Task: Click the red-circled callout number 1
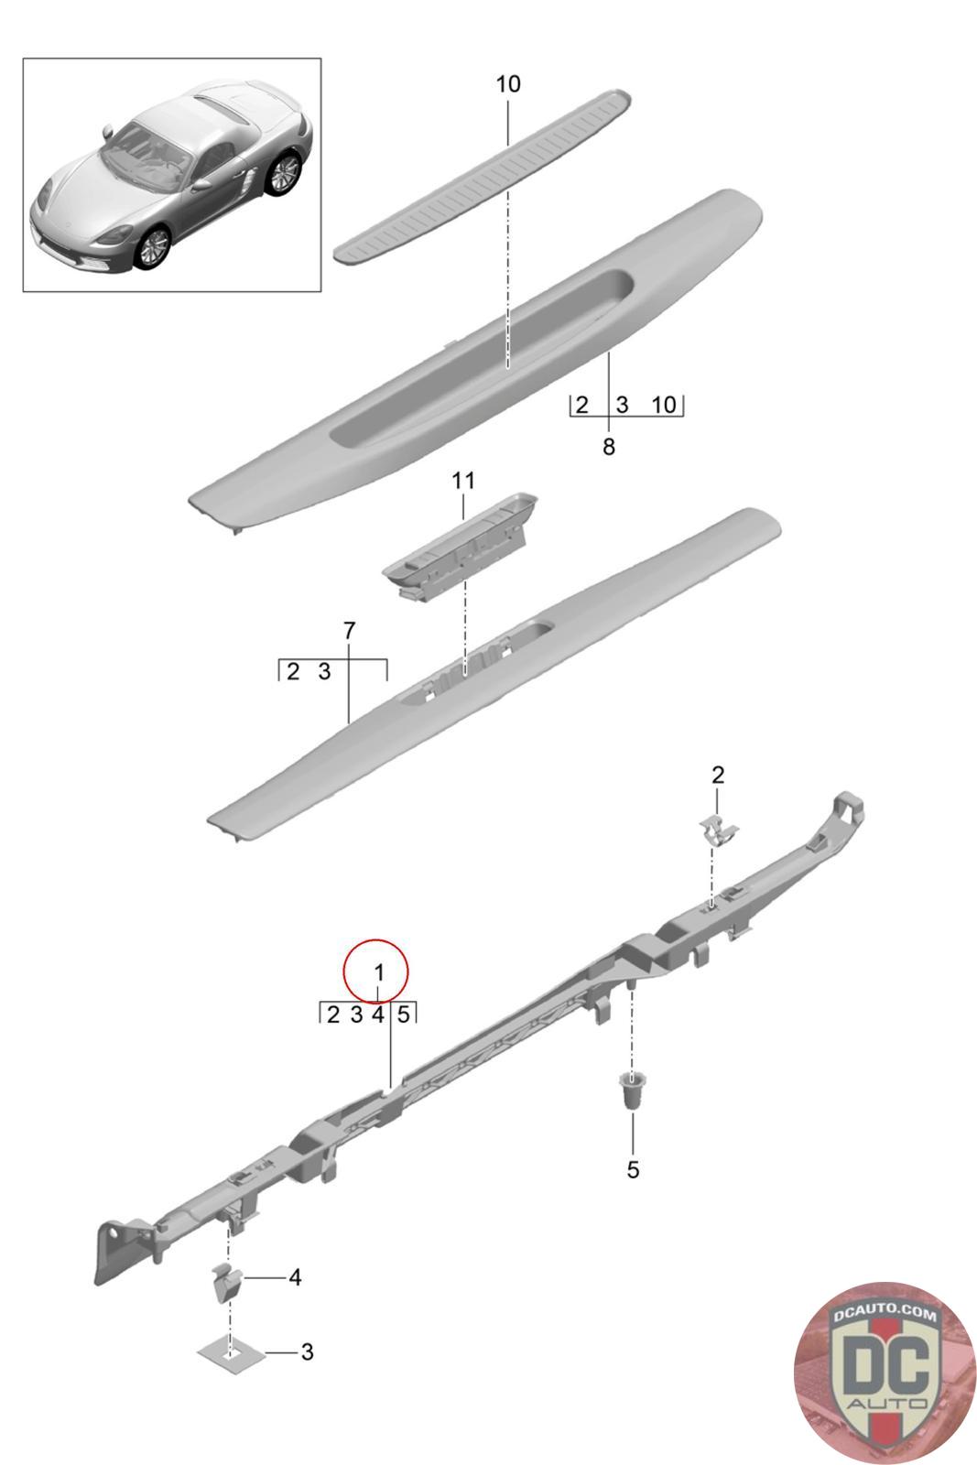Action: click(378, 972)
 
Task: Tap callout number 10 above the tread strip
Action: click(508, 83)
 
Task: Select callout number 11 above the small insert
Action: click(463, 481)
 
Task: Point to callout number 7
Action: click(349, 631)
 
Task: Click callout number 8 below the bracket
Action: click(609, 447)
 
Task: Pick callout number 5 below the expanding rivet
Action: click(633, 1169)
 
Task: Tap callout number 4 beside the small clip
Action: click(295, 1276)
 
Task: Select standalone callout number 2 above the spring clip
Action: click(717, 775)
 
